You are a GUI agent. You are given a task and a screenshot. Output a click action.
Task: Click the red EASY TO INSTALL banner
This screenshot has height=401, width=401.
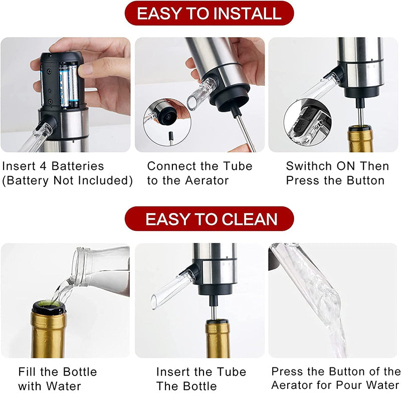[209, 14]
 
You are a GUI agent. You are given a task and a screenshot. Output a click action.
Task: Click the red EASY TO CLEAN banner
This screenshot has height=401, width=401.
[209, 219]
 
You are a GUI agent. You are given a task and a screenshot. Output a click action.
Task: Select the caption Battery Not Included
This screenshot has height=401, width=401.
[68, 180]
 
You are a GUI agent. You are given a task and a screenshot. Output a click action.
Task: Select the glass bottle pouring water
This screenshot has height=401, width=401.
[100, 268]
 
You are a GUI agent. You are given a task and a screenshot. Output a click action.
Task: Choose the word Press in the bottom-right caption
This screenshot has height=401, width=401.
[288, 371]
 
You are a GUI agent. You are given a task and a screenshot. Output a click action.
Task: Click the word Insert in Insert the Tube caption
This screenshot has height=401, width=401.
[171, 372]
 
